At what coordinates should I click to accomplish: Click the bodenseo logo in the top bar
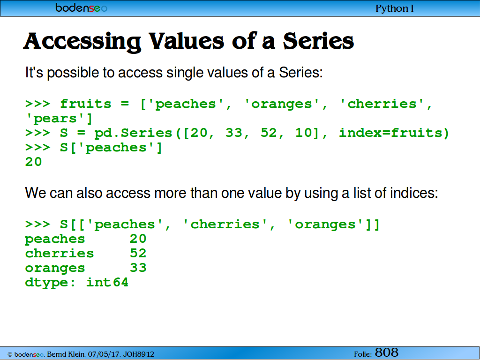pyautogui.click(x=81, y=7)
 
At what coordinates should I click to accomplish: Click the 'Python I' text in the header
pyautogui.click(x=394, y=8)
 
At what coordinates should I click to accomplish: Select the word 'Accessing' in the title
pyautogui.click(x=82, y=42)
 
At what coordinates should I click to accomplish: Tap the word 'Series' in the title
pyautogui.click(x=318, y=41)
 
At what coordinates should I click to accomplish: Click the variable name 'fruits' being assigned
pyautogui.click(x=85, y=104)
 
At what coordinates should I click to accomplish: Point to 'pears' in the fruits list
pyautogui.click(x=55, y=119)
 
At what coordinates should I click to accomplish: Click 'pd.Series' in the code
pyautogui.click(x=133, y=133)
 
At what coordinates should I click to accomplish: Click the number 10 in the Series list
pyautogui.click(x=303, y=133)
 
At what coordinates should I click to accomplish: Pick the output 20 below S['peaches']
pyautogui.click(x=33, y=162)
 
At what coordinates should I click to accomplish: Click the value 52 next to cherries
pyautogui.click(x=138, y=253)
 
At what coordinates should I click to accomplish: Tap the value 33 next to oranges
pyautogui.click(x=138, y=268)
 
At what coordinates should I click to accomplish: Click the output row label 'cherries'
pyautogui.click(x=60, y=254)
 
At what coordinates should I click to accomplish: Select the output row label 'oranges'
pyautogui.click(x=55, y=269)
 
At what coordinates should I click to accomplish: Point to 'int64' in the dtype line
pyautogui.click(x=107, y=282)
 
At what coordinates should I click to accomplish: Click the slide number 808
pyautogui.click(x=387, y=352)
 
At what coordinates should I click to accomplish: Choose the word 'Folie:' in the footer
pyautogui.click(x=363, y=354)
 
